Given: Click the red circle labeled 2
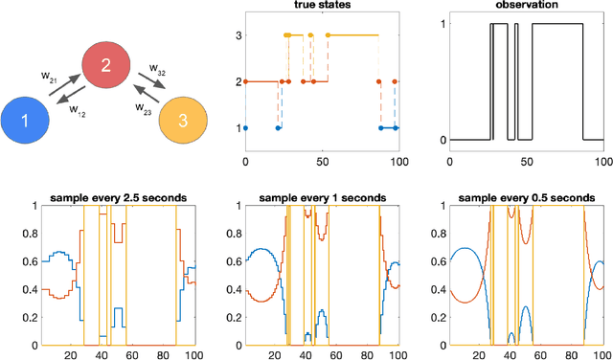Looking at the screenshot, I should [x=106, y=65].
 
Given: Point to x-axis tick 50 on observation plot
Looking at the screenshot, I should [x=528, y=152].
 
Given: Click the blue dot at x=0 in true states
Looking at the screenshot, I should [x=245, y=127].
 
